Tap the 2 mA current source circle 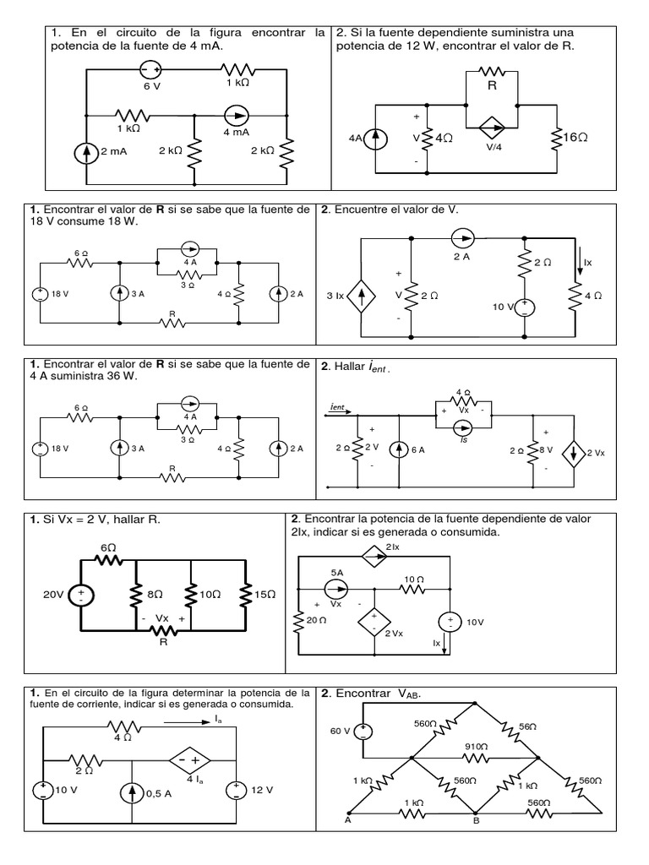click(x=87, y=153)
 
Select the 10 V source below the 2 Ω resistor click(x=524, y=307)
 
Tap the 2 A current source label click(x=461, y=257)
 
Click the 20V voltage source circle click(x=81, y=596)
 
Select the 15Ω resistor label click(x=266, y=595)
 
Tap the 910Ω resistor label click(x=477, y=747)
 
